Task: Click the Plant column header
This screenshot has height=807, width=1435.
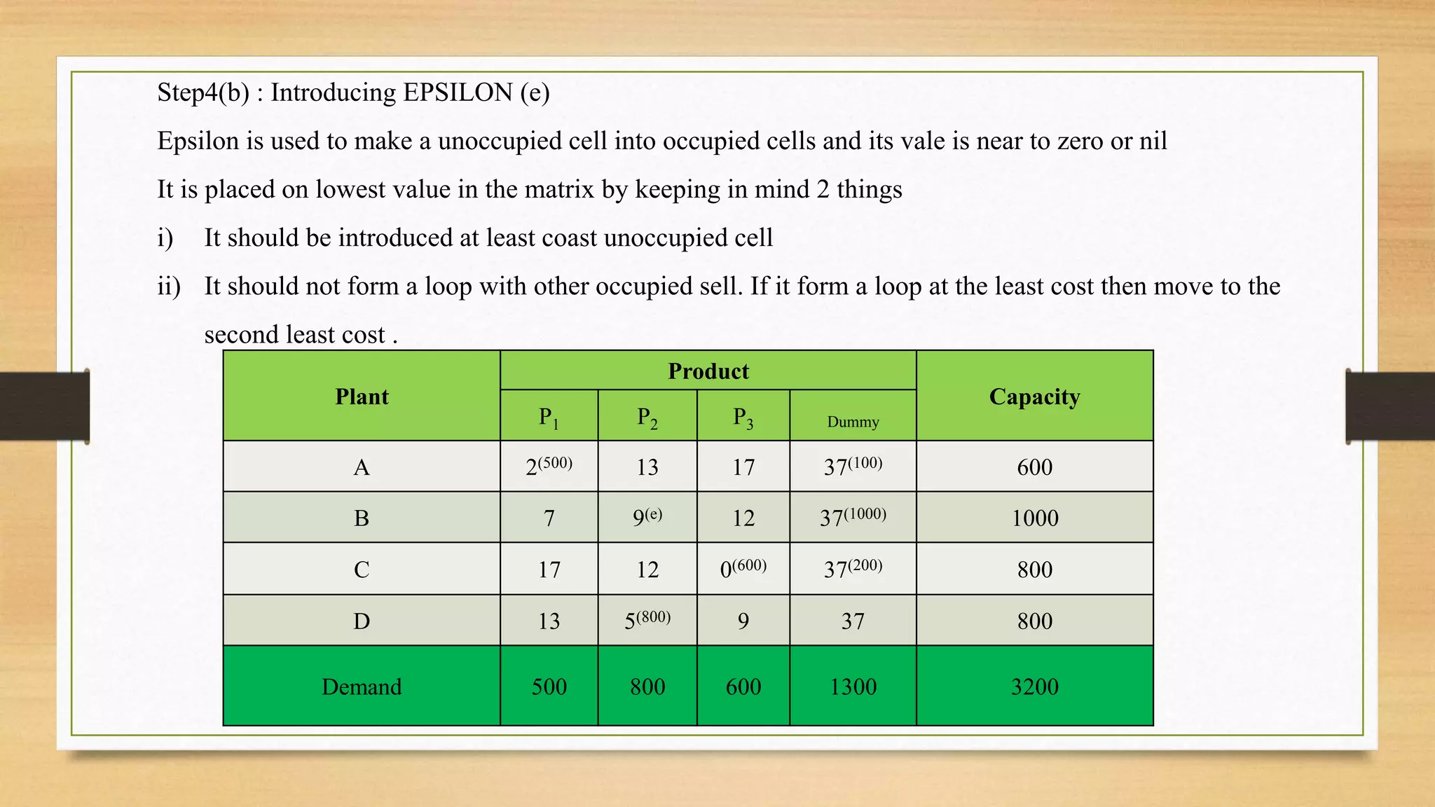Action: tap(362, 396)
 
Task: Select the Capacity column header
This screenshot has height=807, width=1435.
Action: tap(1034, 396)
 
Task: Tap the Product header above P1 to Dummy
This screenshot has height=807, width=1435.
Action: tap(708, 371)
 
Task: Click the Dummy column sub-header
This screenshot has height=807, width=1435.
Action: tap(853, 422)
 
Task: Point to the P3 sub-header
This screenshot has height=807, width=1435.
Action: tap(743, 418)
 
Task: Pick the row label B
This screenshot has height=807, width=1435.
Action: tap(362, 518)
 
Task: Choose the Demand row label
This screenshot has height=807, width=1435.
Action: tap(362, 687)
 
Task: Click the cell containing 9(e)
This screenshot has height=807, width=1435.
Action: tap(647, 517)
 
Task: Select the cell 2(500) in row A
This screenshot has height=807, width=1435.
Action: tap(549, 466)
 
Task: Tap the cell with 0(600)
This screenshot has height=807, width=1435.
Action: tap(743, 568)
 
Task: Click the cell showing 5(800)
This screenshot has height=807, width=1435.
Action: tap(647, 620)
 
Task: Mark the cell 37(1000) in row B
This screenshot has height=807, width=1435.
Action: tap(853, 517)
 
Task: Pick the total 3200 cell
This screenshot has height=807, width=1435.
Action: tap(1034, 687)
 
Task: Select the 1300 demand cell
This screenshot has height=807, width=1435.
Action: tap(853, 687)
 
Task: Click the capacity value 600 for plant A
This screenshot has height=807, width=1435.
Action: tap(1034, 467)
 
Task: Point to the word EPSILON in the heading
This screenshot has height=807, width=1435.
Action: tap(458, 92)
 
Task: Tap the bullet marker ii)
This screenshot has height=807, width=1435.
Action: tap(169, 287)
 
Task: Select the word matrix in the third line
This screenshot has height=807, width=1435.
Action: tap(559, 190)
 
